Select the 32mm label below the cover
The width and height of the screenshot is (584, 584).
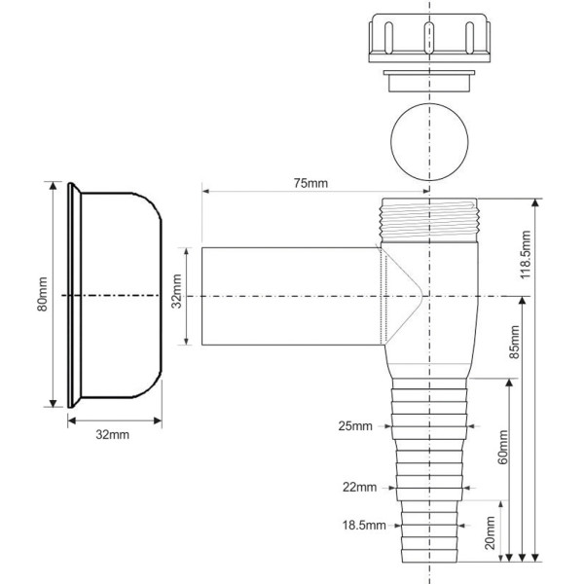pyautogui.click(x=112, y=433)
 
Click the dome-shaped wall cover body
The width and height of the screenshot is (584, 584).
pyautogui.click(x=122, y=294)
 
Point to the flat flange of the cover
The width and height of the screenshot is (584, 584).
pyautogui.click(x=71, y=294)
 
